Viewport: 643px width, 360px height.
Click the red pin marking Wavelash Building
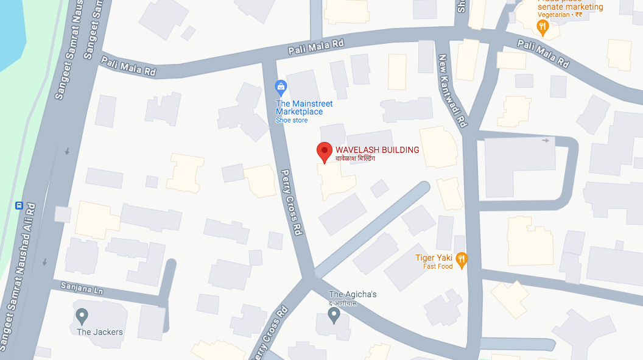pyautogui.click(x=325, y=151)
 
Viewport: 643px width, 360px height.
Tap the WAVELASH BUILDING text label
pyautogui.click(x=378, y=150)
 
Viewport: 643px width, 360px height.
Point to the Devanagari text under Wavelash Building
pyautogui.click(x=356, y=158)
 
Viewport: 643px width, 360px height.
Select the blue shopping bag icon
pyautogui.click(x=281, y=88)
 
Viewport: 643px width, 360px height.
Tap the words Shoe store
pyautogui.click(x=292, y=120)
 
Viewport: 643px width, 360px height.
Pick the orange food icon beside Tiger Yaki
pyautogui.click(x=462, y=260)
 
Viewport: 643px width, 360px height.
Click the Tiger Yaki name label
pyautogui.click(x=433, y=258)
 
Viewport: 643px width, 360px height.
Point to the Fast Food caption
pyautogui.click(x=438, y=266)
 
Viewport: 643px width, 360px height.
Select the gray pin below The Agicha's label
pyautogui.click(x=334, y=314)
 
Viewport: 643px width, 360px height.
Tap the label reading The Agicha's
pyautogui.click(x=353, y=294)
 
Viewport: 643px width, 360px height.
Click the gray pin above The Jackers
pyautogui.click(x=82, y=316)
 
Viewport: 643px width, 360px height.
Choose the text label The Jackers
pyautogui.click(x=100, y=332)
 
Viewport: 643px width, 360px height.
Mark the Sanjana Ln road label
pyautogui.click(x=82, y=288)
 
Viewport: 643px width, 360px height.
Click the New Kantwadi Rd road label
pyautogui.click(x=452, y=90)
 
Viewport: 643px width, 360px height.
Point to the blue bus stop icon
pyautogui.click(x=19, y=206)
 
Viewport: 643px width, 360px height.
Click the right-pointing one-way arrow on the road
pyautogui.click(x=546, y=141)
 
